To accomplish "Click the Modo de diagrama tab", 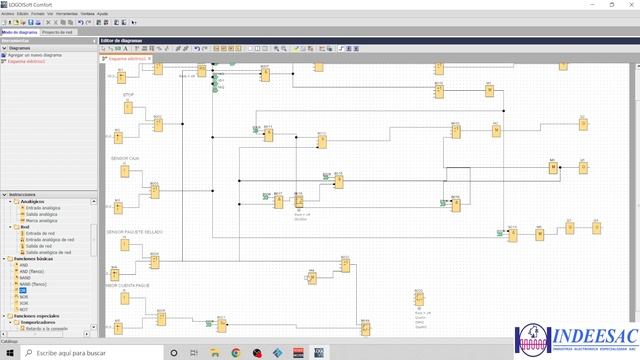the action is [x=19, y=33].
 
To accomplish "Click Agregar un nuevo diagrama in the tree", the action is [x=36, y=54].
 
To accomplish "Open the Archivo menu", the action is [x=8, y=14].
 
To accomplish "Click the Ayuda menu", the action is [x=103, y=14].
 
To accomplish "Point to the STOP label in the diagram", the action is [x=128, y=95].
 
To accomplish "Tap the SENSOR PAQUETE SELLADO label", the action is [x=135, y=231].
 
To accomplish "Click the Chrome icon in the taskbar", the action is [x=234, y=353].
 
